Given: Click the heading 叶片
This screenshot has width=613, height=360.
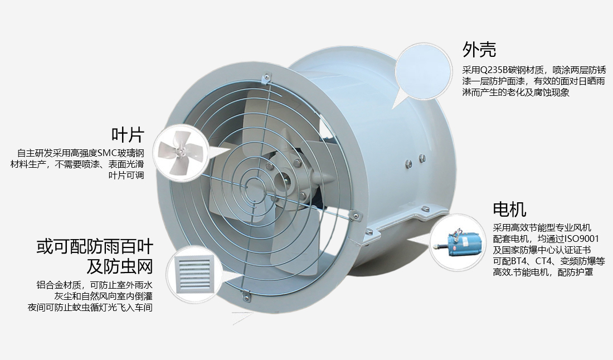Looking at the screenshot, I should tap(128, 135).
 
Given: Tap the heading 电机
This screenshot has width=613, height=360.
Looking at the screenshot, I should tap(509, 210).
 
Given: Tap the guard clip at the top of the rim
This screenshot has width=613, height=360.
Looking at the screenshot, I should tap(267, 76).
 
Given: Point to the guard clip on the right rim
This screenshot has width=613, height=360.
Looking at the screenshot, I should tap(353, 214).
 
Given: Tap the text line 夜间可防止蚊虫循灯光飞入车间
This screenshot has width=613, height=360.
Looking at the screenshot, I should tap(90, 308).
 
